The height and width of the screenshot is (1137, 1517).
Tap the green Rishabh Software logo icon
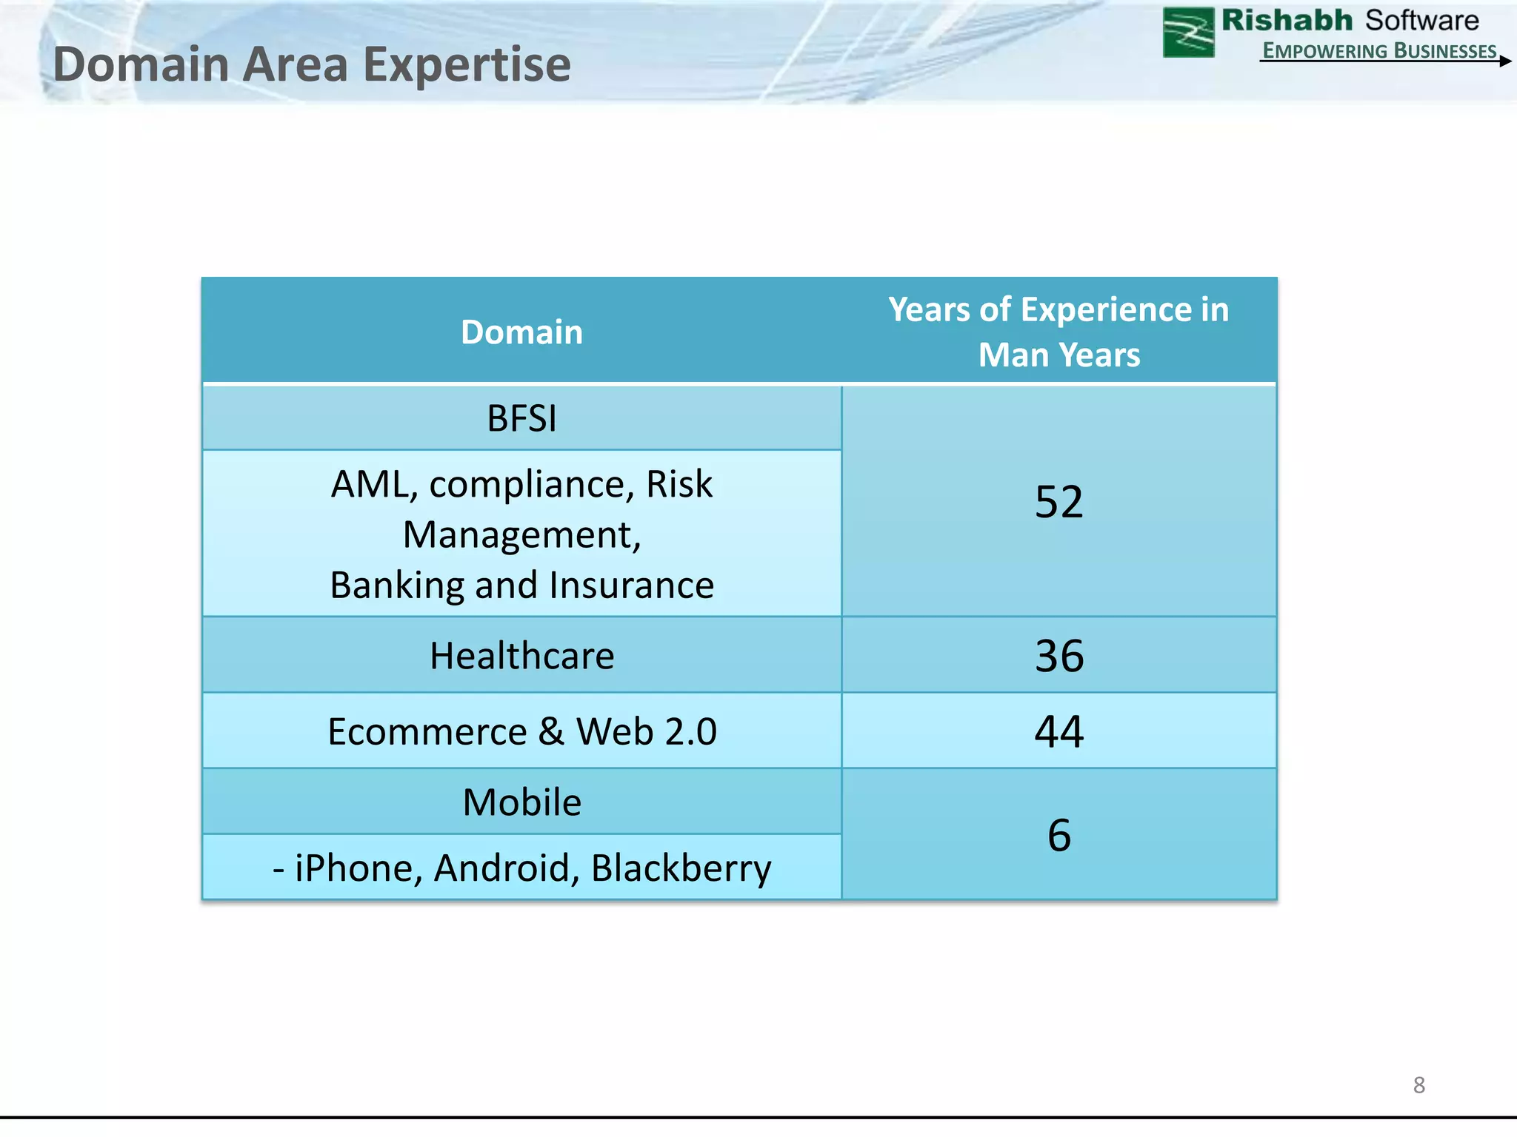point(1188,33)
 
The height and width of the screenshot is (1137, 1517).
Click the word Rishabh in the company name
point(1287,21)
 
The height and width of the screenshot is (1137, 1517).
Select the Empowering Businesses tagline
point(1379,50)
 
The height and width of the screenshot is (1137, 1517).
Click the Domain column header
point(521,332)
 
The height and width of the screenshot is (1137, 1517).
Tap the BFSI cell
point(521,418)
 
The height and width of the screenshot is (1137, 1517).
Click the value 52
point(1058,502)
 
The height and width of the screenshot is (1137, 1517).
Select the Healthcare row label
point(521,656)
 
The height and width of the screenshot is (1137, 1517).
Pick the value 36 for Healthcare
point(1058,656)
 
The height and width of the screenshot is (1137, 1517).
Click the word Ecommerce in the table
point(427,732)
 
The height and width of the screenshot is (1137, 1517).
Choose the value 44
point(1058,731)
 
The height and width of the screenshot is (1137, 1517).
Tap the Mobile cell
point(521,802)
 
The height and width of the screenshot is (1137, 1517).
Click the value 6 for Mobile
point(1058,835)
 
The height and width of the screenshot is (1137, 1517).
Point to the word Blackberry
point(681,868)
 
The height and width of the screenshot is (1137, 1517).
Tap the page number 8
point(1418,1085)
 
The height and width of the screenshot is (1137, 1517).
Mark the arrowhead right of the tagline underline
point(1505,61)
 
